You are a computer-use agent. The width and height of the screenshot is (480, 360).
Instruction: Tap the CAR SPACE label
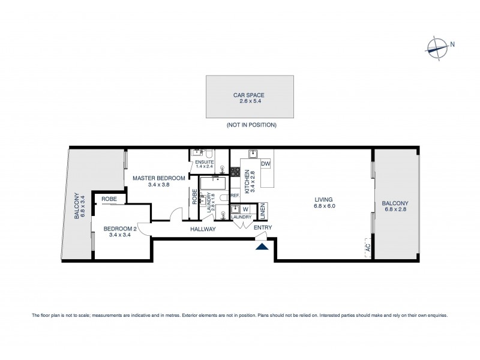249,95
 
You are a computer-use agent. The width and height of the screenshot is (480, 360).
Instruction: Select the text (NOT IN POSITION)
251,125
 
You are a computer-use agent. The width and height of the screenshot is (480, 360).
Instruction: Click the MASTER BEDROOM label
150,178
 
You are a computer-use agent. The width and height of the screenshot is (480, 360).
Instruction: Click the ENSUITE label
205,163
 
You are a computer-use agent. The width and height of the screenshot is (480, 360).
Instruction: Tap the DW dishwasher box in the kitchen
266,163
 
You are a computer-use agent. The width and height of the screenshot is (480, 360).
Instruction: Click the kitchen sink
252,154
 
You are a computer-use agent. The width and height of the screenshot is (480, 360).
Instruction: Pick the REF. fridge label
235,196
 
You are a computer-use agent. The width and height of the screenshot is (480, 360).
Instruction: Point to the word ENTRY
262,228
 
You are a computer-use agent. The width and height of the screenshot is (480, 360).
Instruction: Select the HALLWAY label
203,229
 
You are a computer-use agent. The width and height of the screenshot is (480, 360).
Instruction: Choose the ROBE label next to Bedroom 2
109,199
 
